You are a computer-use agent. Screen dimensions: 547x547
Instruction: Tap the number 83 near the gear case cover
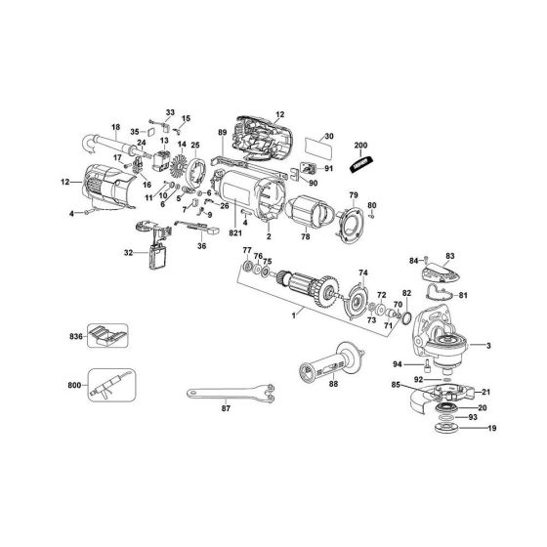tap(450, 255)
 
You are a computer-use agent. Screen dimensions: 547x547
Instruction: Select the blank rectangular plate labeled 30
tap(314, 149)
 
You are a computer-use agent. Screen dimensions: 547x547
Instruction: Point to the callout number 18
tap(115, 126)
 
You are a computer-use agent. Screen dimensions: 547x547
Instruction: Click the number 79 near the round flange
tap(355, 195)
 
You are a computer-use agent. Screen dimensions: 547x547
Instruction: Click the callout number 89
tap(222, 132)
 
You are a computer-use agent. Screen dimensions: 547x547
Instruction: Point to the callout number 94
tap(398, 364)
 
